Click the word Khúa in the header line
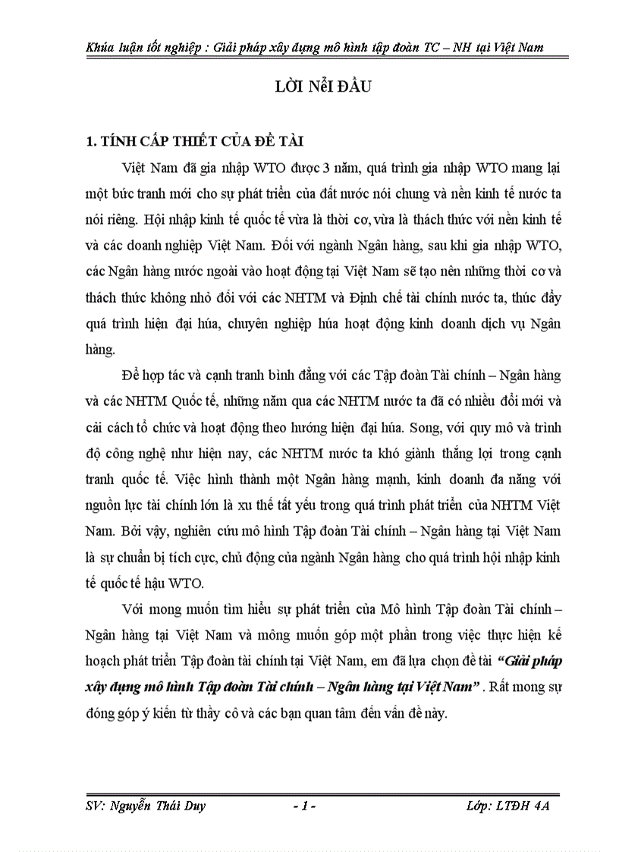tap(102, 47)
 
